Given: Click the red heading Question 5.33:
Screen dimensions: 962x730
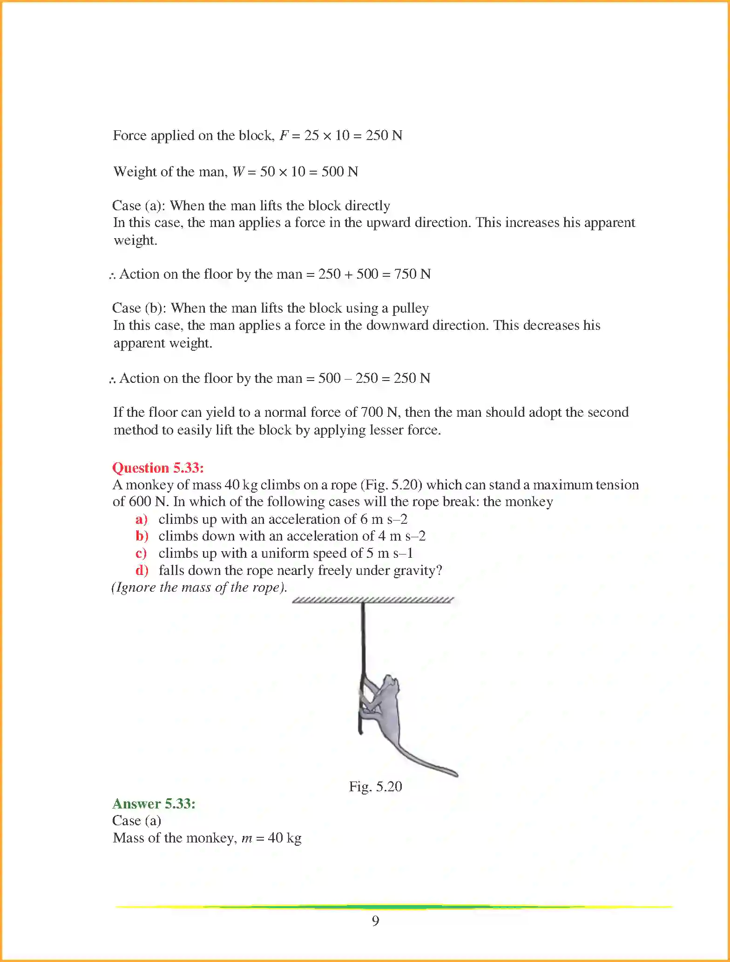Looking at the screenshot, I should click(158, 468).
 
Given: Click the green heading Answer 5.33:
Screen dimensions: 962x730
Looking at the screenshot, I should click(154, 803).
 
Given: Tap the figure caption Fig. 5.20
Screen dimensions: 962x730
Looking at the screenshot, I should click(375, 786).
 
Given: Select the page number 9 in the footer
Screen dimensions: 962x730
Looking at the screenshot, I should click(375, 921).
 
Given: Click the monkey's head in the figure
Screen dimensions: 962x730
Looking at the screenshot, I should click(390, 684).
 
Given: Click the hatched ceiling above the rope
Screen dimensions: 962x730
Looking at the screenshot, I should click(372, 600).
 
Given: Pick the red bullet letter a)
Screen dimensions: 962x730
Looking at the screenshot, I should click(141, 519).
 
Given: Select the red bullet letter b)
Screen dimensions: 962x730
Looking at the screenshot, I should click(142, 536).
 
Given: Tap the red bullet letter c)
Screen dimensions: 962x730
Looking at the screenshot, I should click(141, 553).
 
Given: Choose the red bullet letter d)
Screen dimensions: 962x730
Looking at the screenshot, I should click(142, 570).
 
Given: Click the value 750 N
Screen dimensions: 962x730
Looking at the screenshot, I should click(412, 274).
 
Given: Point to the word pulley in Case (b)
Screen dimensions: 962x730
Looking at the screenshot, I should click(410, 308).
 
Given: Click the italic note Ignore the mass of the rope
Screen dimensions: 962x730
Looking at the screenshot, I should click(199, 587).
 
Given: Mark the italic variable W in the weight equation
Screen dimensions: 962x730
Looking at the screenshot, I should click(238, 172).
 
